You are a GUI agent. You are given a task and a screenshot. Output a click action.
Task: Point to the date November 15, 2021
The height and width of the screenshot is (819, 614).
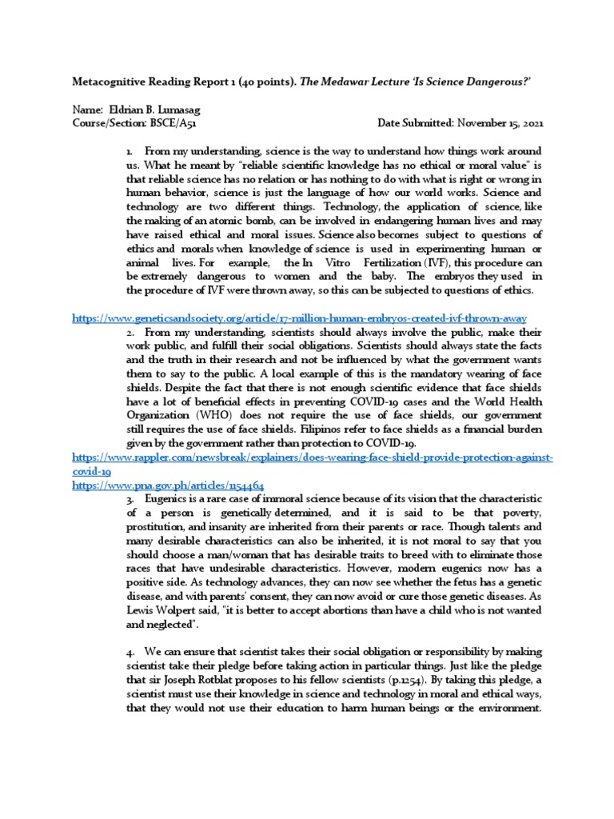[499, 123]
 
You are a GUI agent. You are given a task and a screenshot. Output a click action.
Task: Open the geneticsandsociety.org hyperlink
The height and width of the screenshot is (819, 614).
[299, 318]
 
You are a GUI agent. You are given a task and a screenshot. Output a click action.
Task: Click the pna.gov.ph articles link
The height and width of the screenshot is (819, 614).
[168, 485]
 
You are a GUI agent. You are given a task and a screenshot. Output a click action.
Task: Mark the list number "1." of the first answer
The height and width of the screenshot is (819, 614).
[130, 150]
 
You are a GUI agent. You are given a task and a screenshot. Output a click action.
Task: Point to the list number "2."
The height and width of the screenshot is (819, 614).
[130, 331]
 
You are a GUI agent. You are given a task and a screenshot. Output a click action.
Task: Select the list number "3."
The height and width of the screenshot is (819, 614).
[130, 498]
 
